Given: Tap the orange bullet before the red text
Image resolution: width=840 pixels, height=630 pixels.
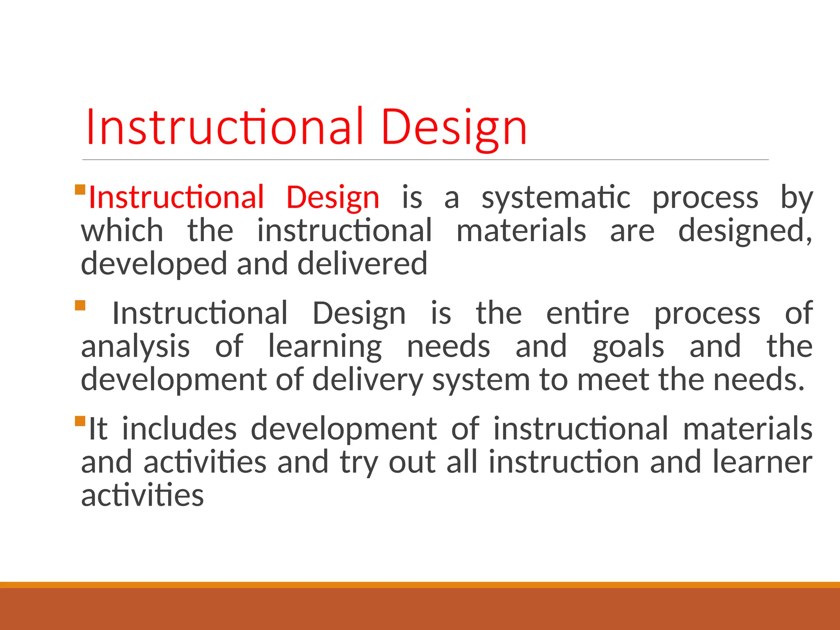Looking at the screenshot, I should [x=80, y=189].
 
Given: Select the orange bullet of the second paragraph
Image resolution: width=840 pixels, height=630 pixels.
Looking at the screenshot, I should [x=80, y=305].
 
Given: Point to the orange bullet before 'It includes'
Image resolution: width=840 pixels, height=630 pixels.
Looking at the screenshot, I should [x=80, y=421].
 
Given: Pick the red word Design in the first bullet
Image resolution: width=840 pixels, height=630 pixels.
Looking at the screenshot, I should [x=333, y=198].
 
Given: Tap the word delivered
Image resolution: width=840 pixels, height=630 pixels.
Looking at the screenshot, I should [x=362, y=264].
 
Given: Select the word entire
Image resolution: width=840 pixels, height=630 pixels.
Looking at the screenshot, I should [x=587, y=313].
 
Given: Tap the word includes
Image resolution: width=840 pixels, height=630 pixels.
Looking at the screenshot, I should [x=179, y=429].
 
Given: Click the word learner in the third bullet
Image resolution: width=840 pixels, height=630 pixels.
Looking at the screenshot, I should [x=762, y=462].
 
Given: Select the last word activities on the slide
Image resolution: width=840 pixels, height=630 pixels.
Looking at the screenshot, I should [x=142, y=495].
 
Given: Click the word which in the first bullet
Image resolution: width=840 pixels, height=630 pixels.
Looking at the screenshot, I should [x=122, y=231].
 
